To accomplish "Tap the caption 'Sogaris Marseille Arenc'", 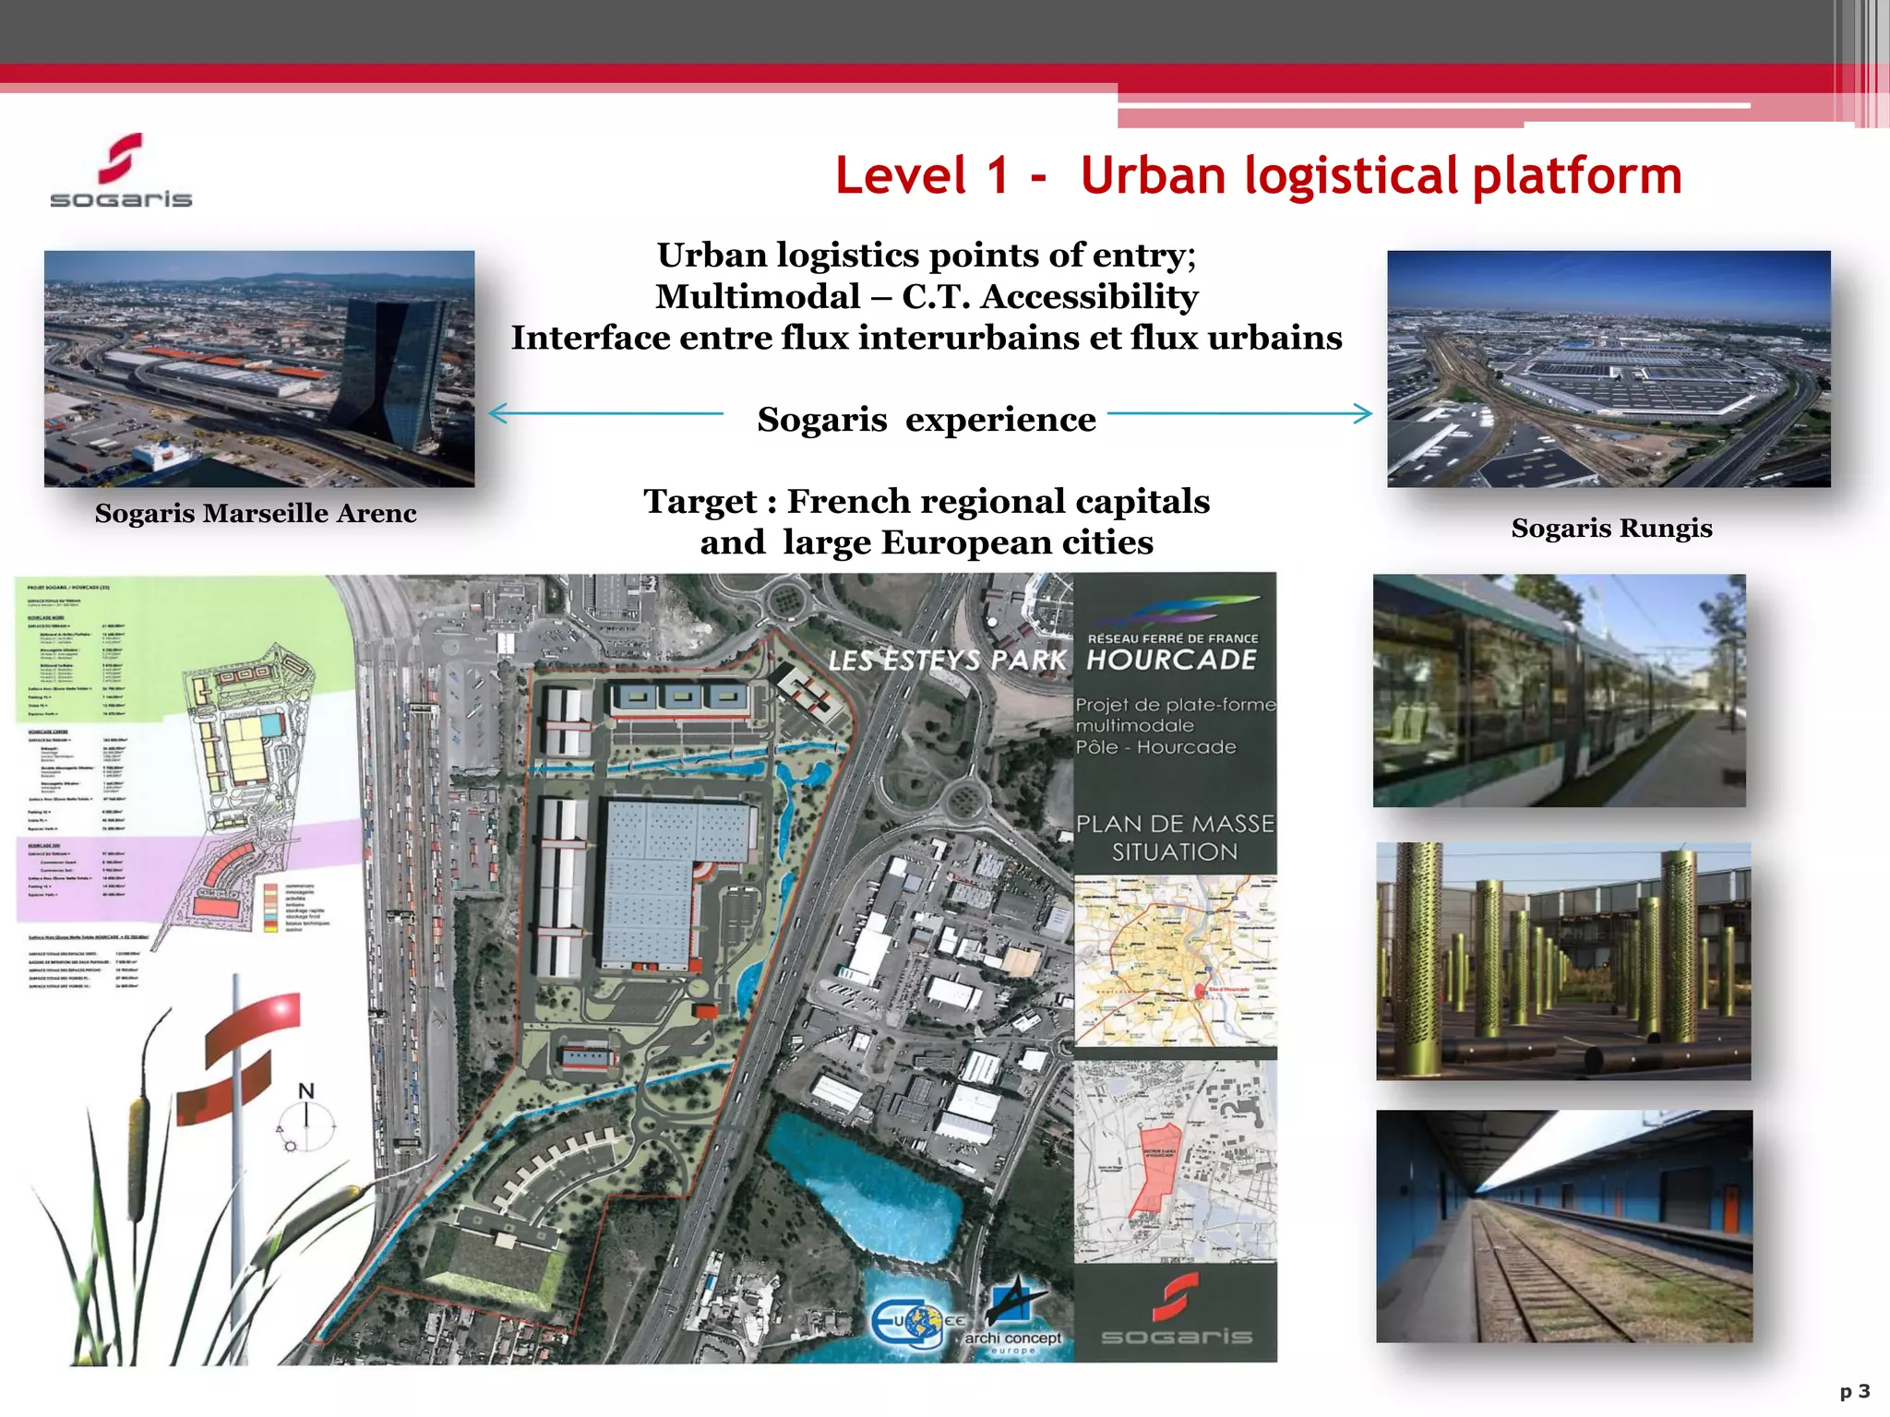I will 256,514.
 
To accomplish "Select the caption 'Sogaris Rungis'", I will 1611,529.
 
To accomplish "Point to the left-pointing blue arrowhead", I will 496,413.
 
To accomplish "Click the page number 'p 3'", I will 1854,1391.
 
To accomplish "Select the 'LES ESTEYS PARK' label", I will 947,661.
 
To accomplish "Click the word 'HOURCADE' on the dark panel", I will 1172,660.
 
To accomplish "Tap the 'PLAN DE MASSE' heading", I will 1175,824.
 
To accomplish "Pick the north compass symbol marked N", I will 307,1121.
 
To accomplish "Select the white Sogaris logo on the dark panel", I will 1177,1310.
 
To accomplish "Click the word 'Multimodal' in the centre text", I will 758,297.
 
